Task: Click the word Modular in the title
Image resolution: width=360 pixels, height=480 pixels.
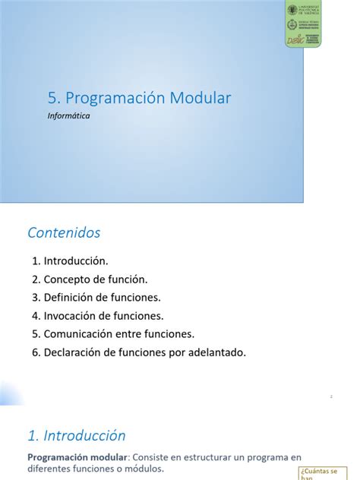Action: [200, 98]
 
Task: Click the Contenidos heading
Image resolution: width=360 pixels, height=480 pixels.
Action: [64, 232]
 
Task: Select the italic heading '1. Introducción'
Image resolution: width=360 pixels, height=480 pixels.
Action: [76, 436]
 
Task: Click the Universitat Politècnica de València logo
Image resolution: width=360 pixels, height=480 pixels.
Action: [302, 9]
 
